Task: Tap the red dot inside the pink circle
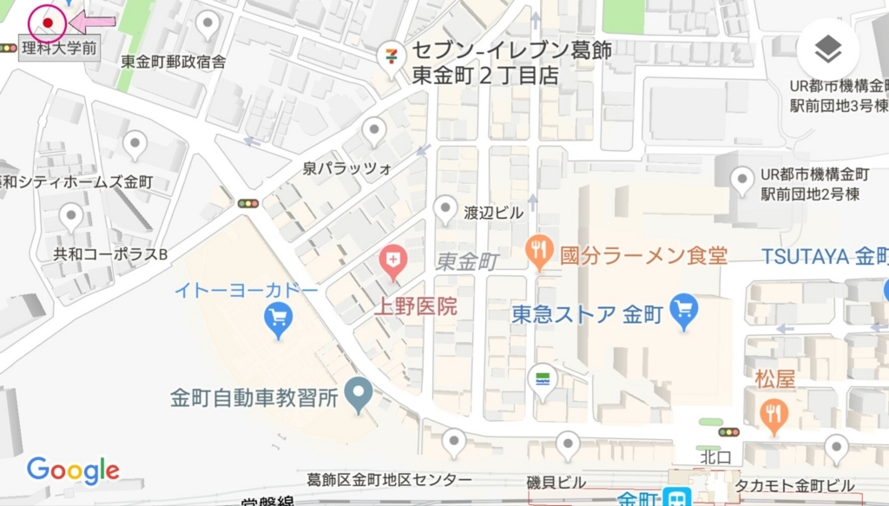pos(48,23)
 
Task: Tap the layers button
pos(827,50)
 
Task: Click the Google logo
pos(73,470)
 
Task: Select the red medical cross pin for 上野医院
pos(394,260)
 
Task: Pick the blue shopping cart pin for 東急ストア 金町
pos(684,311)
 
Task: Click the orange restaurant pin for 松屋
pos(773,416)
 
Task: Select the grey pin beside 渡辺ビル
pos(445,209)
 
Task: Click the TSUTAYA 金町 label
pos(824,256)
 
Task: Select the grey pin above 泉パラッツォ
pos(374,132)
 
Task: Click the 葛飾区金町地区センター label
pos(390,480)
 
